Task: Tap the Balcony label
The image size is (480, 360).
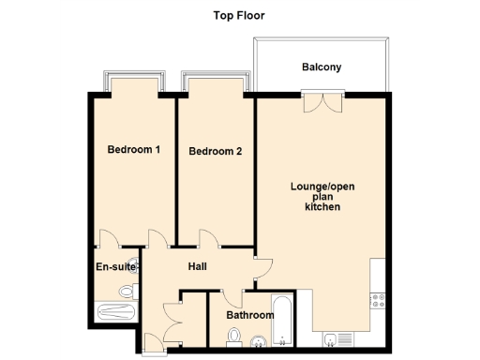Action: tap(321, 67)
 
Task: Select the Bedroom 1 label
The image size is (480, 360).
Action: tap(133, 149)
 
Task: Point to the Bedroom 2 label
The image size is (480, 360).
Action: tap(215, 151)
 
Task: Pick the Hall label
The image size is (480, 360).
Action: tap(197, 267)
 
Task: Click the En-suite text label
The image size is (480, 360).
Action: tap(116, 267)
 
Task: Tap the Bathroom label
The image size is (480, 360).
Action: tap(249, 315)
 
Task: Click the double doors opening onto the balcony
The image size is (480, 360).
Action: tap(318, 100)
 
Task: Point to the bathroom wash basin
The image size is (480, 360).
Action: tap(258, 343)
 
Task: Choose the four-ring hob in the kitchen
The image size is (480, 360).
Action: tap(381, 300)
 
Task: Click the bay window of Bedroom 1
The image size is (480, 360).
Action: tap(134, 82)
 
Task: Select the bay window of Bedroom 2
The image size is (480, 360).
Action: tap(217, 82)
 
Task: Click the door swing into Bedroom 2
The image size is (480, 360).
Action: tap(209, 240)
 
